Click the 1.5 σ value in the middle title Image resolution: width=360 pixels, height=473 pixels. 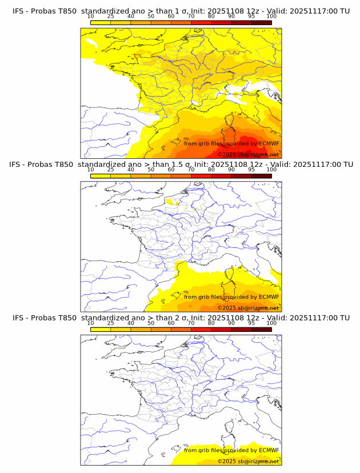point(185,165)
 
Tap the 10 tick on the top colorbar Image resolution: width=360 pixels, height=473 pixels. point(91,17)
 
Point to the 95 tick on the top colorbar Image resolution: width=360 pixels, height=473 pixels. point(251,17)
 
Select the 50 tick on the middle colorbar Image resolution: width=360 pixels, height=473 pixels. point(151,170)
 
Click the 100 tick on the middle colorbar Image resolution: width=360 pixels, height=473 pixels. point(271,170)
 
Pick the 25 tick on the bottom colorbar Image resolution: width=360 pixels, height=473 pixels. point(111,323)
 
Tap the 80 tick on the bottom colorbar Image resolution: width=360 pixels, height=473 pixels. point(211,323)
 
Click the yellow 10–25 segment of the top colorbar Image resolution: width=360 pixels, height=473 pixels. point(101,23)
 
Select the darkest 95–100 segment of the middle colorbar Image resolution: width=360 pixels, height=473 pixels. point(261,176)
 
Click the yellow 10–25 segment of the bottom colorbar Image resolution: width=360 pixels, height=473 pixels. point(101,329)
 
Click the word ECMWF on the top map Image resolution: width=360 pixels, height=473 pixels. point(269,143)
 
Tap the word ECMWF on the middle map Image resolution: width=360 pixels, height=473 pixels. point(269,296)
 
